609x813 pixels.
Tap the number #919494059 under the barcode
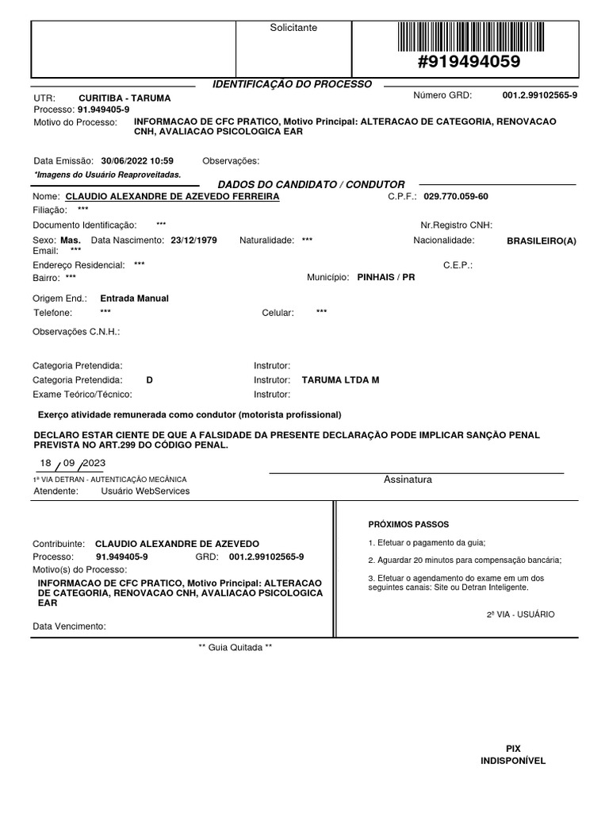(x=469, y=62)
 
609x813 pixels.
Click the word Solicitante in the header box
(x=293, y=28)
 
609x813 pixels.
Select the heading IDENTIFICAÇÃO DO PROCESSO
(x=293, y=84)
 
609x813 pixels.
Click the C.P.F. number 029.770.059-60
(x=456, y=196)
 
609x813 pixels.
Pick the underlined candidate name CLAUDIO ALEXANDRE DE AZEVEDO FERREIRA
(x=172, y=196)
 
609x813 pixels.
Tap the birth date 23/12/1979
(x=193, y=240)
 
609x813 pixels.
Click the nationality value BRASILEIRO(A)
(x=542, y=241)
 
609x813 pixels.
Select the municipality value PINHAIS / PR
(x=386, y=278)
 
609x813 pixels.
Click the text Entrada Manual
(x=135, y=299)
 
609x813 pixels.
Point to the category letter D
(x=150, y=380)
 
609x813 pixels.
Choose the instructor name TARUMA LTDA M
(x=341, y=380)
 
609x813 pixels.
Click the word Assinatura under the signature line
(x=408, y=480)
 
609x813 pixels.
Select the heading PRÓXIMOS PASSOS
(x=408, y=525)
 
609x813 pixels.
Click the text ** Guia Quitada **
(x=235, y=648)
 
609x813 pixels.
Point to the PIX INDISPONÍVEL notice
(x=513, y=754)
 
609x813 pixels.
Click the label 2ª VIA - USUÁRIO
(x=520, y=615)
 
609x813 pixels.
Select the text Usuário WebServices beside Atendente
(x=145, y=491)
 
